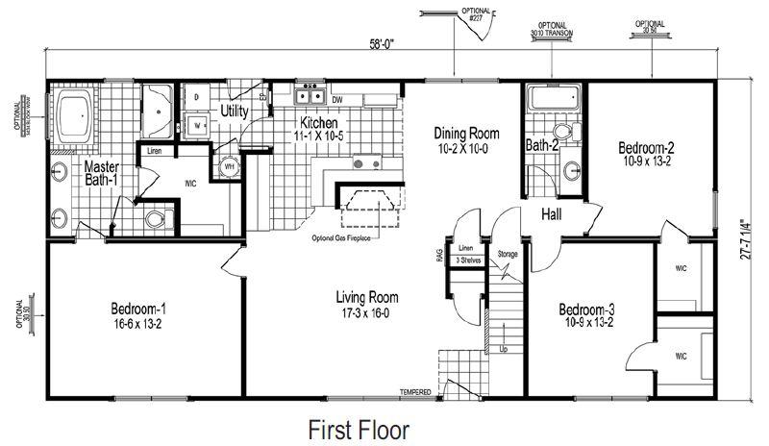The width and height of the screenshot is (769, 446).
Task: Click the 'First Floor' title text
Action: [x=358, y=428]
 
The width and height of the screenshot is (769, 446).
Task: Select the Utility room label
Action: [x=235, y=111]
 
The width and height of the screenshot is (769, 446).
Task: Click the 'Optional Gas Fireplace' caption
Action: [x=340, y=237]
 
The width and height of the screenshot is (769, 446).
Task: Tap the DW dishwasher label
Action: [x=337, y=99]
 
